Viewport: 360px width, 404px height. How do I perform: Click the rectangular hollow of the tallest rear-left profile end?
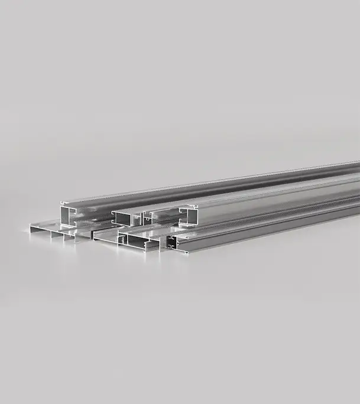pos(67,214)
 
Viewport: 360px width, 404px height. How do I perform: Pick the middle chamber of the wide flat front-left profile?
pos(57,235)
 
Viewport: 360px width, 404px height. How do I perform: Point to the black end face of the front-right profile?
pos(171,242)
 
